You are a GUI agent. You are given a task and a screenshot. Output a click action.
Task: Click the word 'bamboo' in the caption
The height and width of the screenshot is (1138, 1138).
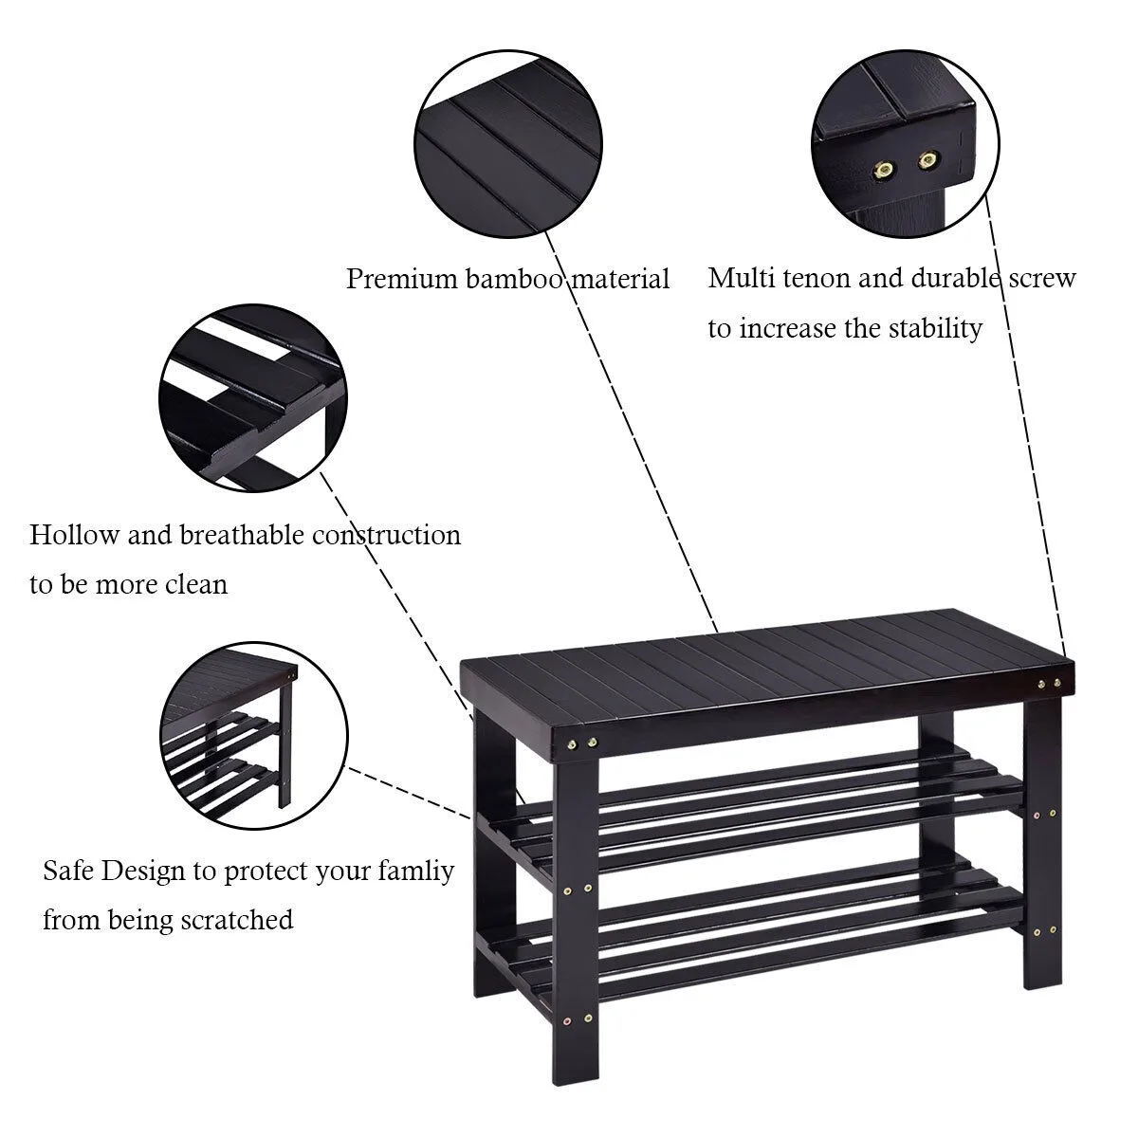pyautogui.click(x=514, y=279)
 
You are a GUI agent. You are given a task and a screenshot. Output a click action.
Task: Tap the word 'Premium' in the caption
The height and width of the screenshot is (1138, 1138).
pyautogui.click(x=401, y=280)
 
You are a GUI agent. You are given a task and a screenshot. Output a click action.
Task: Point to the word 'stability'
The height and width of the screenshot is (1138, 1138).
pyautogui.click(x=935, y=328)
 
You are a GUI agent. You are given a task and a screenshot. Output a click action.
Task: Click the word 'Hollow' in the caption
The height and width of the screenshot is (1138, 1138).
pyautogui.click(x=74, y=535)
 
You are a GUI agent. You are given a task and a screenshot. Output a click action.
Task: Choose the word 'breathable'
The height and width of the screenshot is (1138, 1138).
pyautogui.click(x=242, y=535)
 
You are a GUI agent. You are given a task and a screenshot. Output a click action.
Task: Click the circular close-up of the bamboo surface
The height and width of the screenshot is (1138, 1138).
pyautogui.click(x=508, y=144)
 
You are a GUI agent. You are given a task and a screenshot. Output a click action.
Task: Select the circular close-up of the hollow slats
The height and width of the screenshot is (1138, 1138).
pyautogui.click(x=253, y=398)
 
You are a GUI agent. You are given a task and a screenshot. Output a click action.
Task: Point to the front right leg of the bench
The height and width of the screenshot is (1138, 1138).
pyautogui.click(x=1042, y=845)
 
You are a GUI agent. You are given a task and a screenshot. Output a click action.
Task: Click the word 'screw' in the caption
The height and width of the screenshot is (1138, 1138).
pyautogui.click(x=1042, y=279)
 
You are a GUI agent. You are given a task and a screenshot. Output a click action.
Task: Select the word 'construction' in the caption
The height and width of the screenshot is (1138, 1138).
pyautogui.click(x=387, y=535)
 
